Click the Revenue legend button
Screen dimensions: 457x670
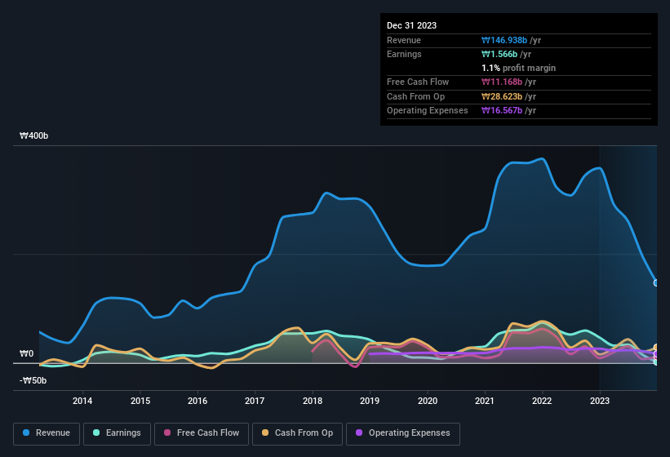(47, 433)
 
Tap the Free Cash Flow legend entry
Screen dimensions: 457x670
(201, 433)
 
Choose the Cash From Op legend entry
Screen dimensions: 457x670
(298, 433)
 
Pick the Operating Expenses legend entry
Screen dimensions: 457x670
(403, 433)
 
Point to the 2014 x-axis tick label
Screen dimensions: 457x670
(82, 401)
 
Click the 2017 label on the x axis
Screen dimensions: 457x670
(255, 401)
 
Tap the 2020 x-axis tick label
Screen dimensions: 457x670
(427, 401)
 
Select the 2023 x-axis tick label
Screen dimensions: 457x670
(600, 401)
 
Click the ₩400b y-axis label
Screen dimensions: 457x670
(34, 136)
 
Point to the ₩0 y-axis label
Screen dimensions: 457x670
(27, 353)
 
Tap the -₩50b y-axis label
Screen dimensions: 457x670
(33, 380)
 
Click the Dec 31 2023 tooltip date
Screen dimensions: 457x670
(412, 25)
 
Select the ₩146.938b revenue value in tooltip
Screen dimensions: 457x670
(511, 40)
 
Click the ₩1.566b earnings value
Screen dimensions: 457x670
(506, 54)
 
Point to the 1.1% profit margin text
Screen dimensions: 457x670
(518, 68)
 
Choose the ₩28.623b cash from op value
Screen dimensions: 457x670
(508, 96)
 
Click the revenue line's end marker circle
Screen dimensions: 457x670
(656, 282)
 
